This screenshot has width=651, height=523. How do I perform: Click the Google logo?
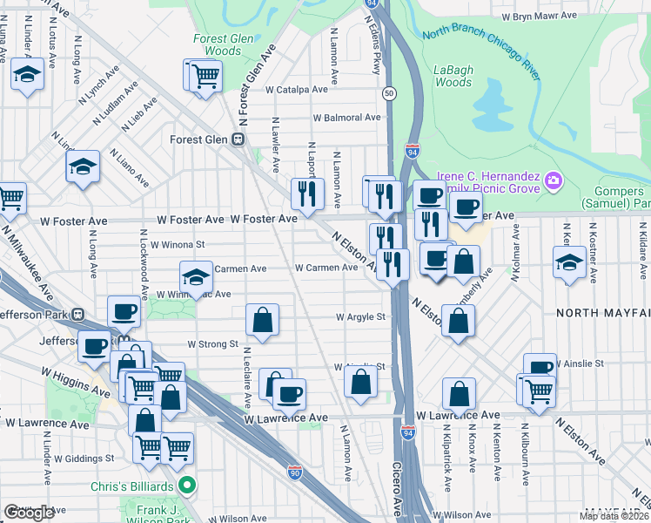tap(29, 513)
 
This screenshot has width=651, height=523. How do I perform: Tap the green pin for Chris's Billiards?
tap(185, 485)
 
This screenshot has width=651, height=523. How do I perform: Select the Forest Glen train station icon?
tap(238, 139)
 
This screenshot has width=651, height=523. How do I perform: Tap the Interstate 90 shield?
tap(294, 471)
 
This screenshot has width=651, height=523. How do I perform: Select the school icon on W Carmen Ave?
tap(196, 278)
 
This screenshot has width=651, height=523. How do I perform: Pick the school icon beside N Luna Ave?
tap(28, 76)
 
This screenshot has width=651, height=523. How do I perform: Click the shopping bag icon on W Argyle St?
tap(262, 321)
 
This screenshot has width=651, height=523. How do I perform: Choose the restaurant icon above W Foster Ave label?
tap(306, 194)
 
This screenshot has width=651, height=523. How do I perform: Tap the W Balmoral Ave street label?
tap(347, 117)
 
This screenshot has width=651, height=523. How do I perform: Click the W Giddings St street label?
tap(84, 458)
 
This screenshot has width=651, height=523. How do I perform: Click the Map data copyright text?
tap(614, 516)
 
